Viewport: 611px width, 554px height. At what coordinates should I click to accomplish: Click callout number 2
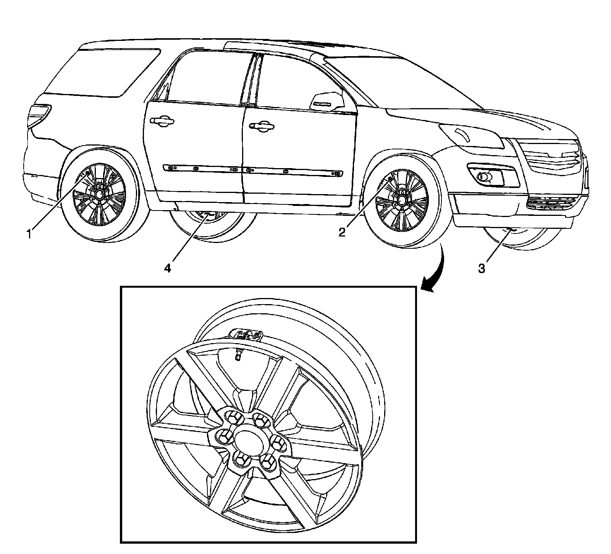pyautogui.click(x=342, y=232)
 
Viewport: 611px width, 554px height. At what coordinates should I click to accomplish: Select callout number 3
pyautogui.click(x=482, y=268)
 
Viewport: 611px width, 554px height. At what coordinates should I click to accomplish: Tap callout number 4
pyautogui.click(x=167, y=268)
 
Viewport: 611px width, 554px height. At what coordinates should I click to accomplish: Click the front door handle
pyautogui.click(x=261, y=127)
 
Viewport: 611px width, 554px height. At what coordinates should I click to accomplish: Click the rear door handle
pyautogui.click(x=163, y=121)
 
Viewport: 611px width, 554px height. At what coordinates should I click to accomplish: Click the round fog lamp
pyautogui.click(x=484, y=177)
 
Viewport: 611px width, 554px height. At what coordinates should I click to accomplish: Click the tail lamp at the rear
pyautogui.click(x=38, y=115)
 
